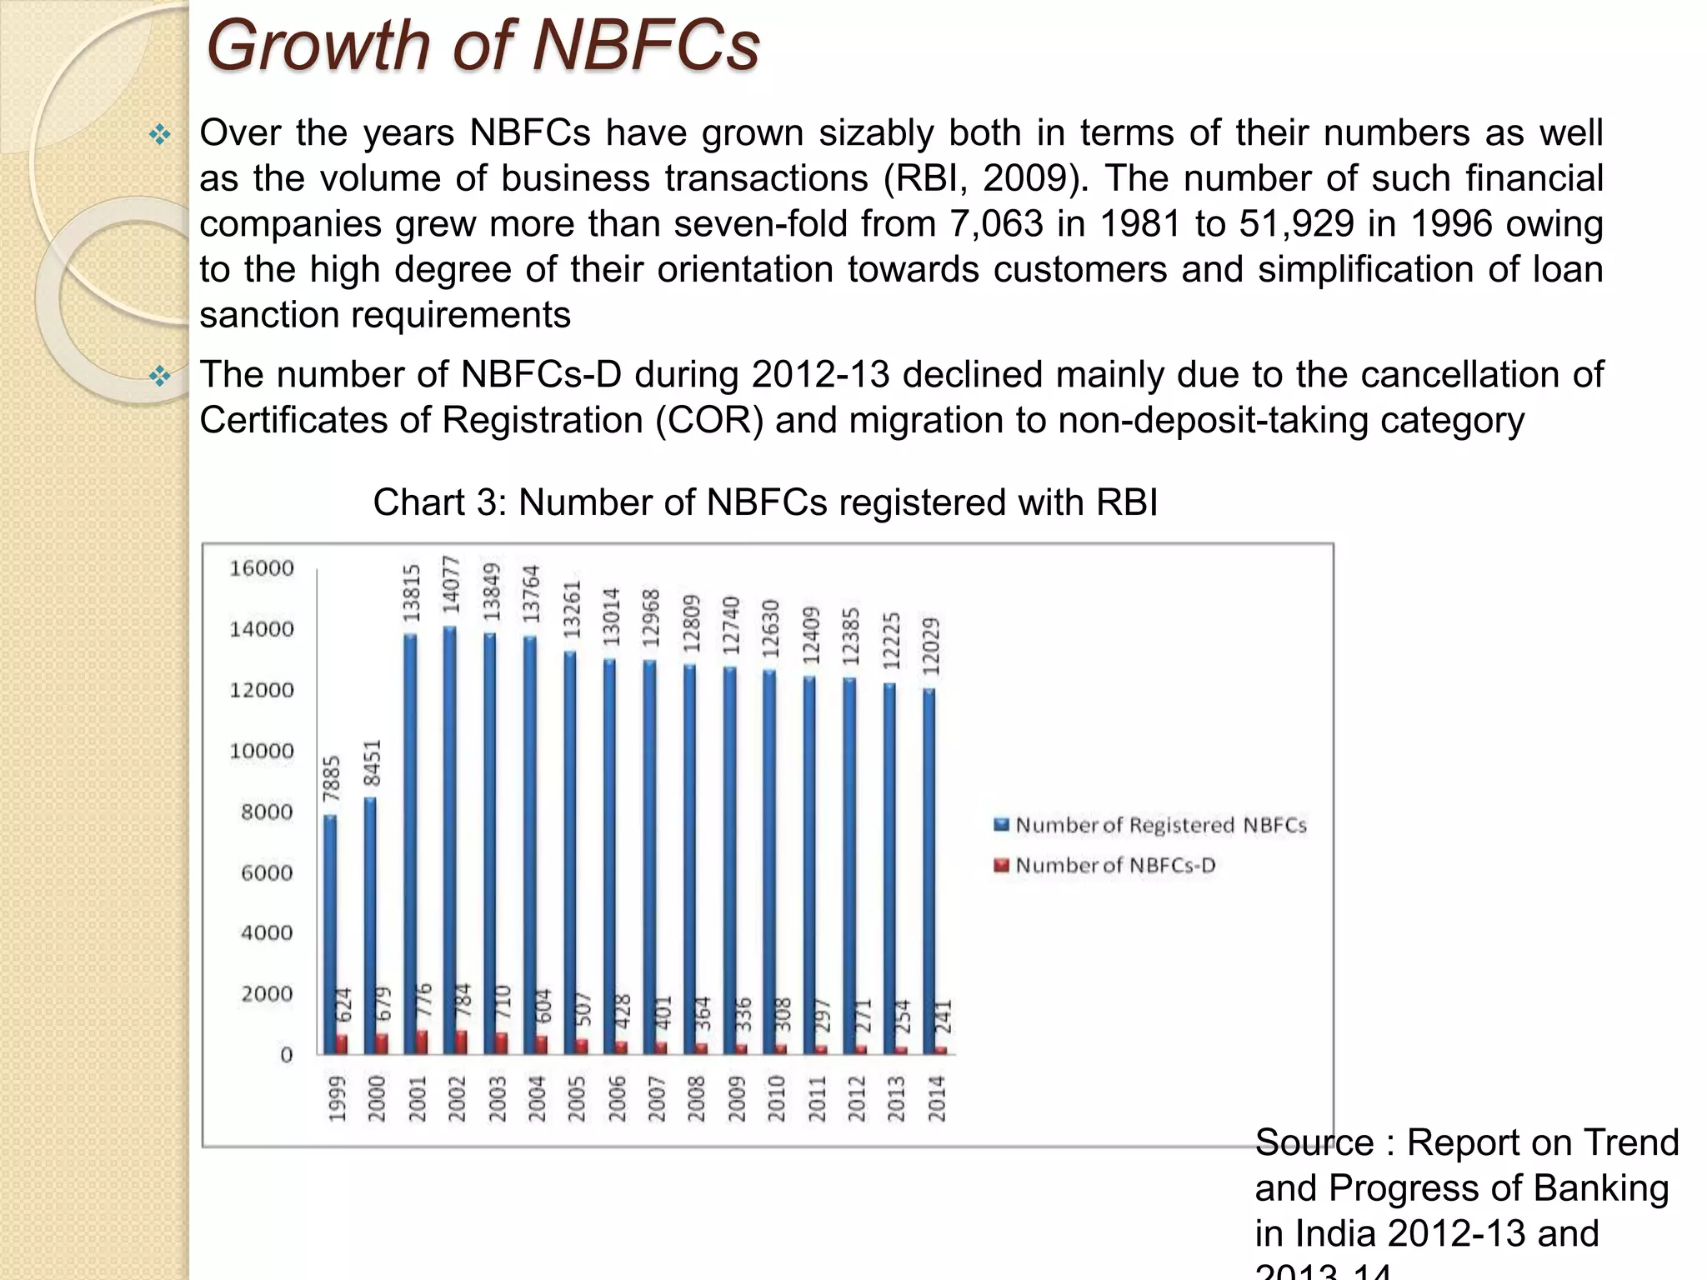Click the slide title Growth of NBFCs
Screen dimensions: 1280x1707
(482, 46)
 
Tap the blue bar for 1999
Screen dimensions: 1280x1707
(330, 933)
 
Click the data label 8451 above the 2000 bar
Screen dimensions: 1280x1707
(373, 762)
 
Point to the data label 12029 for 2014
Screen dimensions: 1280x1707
(932, 646)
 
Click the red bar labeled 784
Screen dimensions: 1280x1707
(462, 1042)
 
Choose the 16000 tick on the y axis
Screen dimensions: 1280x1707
(262, 568)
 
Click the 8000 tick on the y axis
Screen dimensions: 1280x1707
(267, 812)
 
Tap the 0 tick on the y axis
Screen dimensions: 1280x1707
(286, 1055)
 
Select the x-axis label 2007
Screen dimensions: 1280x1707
(656, 1098)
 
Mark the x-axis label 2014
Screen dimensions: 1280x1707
(937, 1098)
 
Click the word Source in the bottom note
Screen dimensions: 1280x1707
(1314, 1142)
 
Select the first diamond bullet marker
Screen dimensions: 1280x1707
(159, 134)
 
